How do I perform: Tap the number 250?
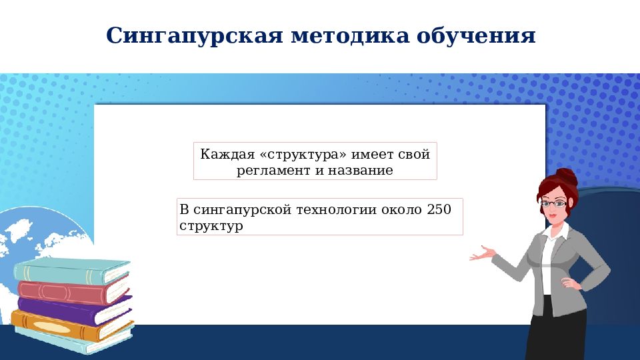click(439, 210)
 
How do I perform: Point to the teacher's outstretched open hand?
click(483, 254)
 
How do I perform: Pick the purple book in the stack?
click(73, 310)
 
